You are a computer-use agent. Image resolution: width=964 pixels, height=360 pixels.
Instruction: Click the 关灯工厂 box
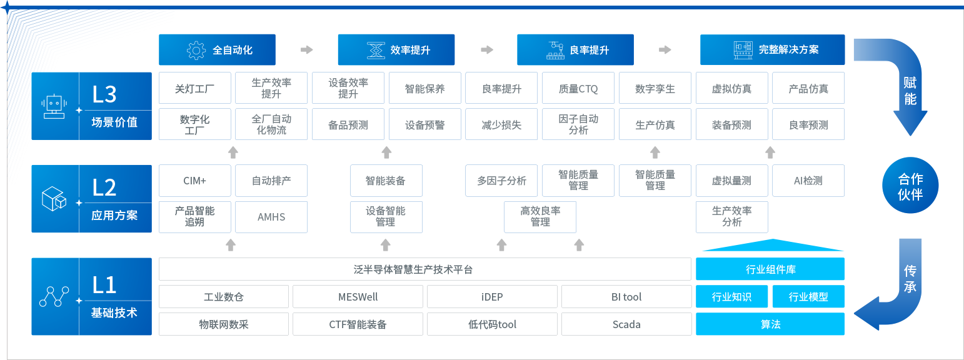coord(195,88)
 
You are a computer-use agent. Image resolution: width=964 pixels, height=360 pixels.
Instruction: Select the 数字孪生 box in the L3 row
coord(655,88)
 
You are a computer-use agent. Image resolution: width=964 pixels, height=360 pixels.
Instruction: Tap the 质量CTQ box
coord(578,88)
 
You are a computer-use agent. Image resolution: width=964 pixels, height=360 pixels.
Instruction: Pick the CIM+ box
coord(195,181)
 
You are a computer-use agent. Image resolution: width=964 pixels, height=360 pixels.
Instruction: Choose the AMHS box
coord(271,217)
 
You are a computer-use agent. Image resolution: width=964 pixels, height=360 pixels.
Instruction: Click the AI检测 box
coord(808,181)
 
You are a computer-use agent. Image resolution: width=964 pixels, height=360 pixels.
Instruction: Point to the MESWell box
coord(358,297)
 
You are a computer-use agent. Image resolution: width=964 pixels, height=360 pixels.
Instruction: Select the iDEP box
coord(492,297)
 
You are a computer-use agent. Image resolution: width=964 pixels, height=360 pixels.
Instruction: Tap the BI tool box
coord(626,297)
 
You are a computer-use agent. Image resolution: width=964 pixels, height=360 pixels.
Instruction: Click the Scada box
coord(626,324)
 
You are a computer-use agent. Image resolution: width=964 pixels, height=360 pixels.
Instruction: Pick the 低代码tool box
coord(492,324)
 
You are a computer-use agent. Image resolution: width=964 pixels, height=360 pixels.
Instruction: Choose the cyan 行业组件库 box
coord(770,269)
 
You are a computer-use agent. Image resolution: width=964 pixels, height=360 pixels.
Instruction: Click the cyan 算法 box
coord(770,324)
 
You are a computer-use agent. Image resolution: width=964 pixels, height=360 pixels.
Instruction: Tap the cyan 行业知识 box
coord(731,297)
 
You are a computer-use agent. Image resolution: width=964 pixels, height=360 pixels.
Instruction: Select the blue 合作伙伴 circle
coord(910,186)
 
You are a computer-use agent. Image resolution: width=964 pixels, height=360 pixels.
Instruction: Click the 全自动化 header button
coord(217,50)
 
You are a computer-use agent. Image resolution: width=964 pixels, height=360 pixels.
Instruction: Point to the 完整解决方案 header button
coord(773,50)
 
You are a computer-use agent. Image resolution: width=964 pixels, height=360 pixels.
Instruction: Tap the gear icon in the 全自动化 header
coord(196,50)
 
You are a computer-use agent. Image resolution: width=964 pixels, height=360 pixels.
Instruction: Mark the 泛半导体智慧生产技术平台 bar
coord(425,269)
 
